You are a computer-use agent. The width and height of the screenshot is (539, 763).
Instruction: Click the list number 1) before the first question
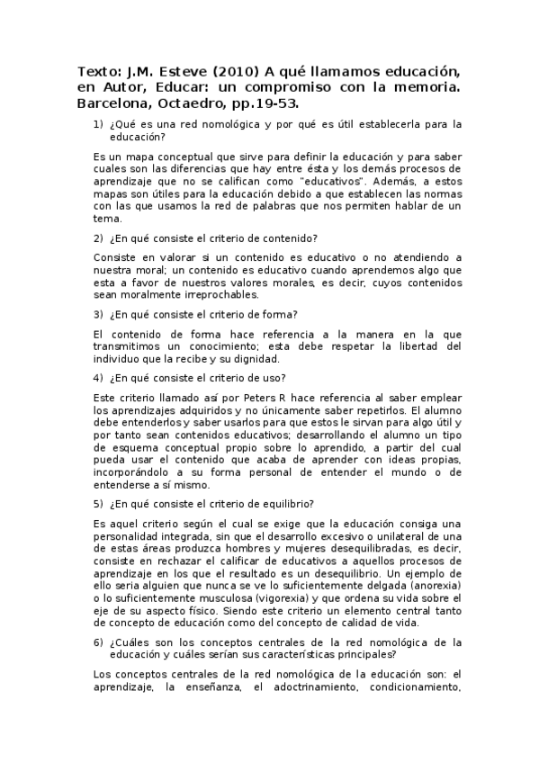pyautogui.click(x=99, y=124)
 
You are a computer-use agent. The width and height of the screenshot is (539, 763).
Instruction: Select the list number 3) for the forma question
pyautogui.click(x=99, y=314)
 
